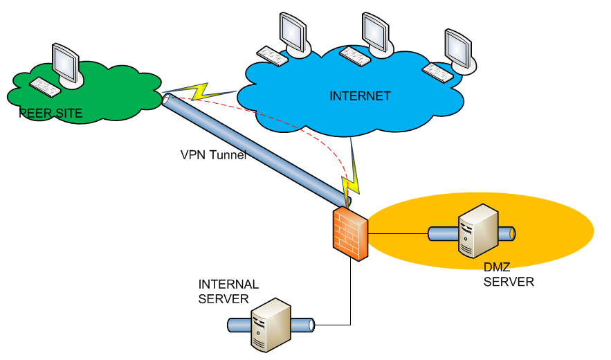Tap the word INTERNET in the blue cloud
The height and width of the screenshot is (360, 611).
pos(360,96)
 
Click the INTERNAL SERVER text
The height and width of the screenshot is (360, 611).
pos(228,291)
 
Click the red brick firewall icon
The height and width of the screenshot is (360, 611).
pos(350,233)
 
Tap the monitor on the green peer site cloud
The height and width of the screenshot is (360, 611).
pos(64,63)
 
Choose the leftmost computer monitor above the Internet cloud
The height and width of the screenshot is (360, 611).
pos(293,31)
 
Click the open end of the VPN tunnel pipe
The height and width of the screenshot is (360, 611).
pos(168,100)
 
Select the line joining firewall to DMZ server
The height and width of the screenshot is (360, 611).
pos(398,234)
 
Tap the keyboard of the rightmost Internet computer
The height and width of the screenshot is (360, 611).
pos(437,70)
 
